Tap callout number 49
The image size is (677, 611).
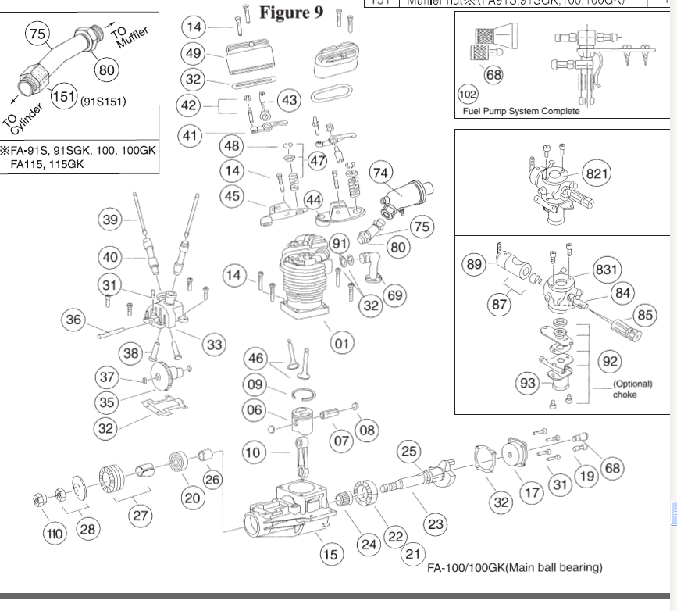pos(194,54)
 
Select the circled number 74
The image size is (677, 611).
pos(380,173)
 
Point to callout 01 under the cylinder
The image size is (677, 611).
pos(341,341)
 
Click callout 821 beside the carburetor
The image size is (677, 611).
pos(597,173)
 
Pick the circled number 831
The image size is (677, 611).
pos(607,270)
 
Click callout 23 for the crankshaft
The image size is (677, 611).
pos(435,524)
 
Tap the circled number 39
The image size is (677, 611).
pos(112,220)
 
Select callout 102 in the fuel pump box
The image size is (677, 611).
pos(468,95)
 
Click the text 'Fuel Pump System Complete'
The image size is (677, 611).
pos(522,111)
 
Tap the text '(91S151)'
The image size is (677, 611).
pos(104,101)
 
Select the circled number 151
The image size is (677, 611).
pos(63,99)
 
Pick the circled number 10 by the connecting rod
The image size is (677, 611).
pos(253,451)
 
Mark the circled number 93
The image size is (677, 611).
pos(527,383)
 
